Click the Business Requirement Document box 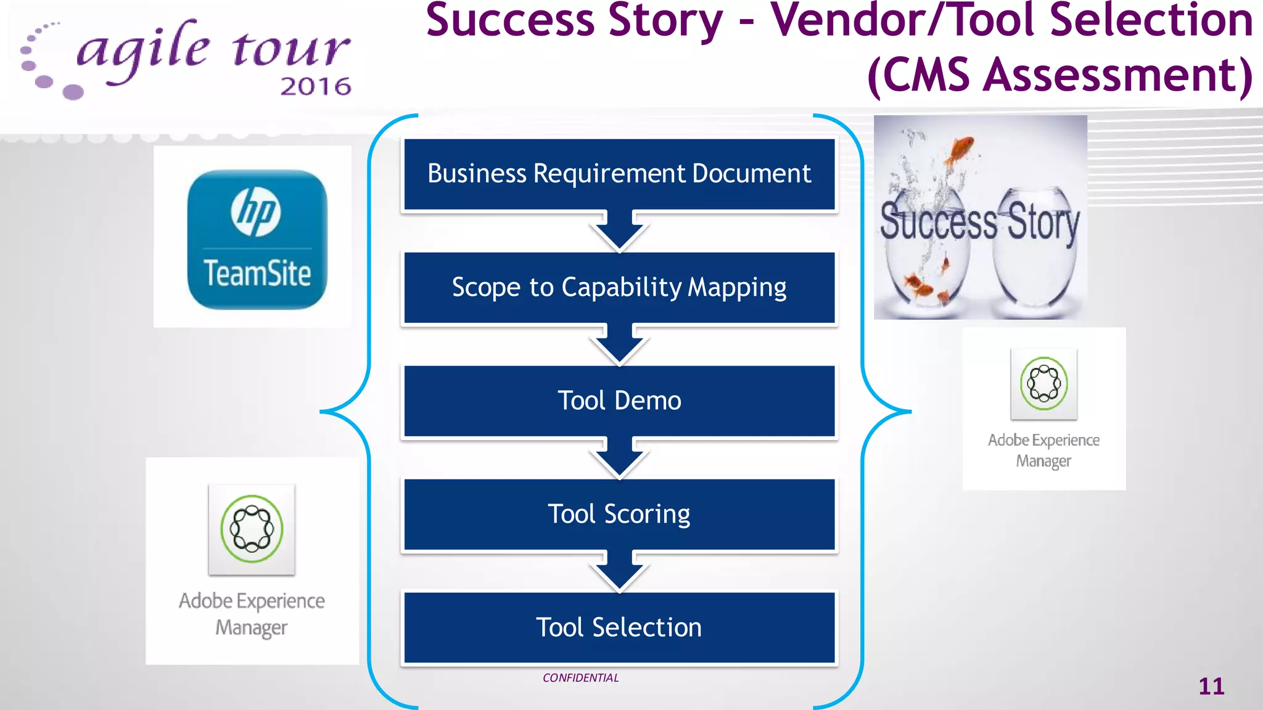(619, 174)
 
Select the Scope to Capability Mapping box (619, 287)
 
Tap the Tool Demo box (619, 401)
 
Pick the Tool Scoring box (619, 514)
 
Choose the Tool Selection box (619, 627)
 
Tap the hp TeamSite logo (257, 239)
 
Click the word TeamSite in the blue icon (257, 274)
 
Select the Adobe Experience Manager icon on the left (252, 529)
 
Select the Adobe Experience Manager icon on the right (1043, 383)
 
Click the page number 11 (1211, 687)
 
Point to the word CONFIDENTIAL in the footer (580, 678)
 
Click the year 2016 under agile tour (315, 87)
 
